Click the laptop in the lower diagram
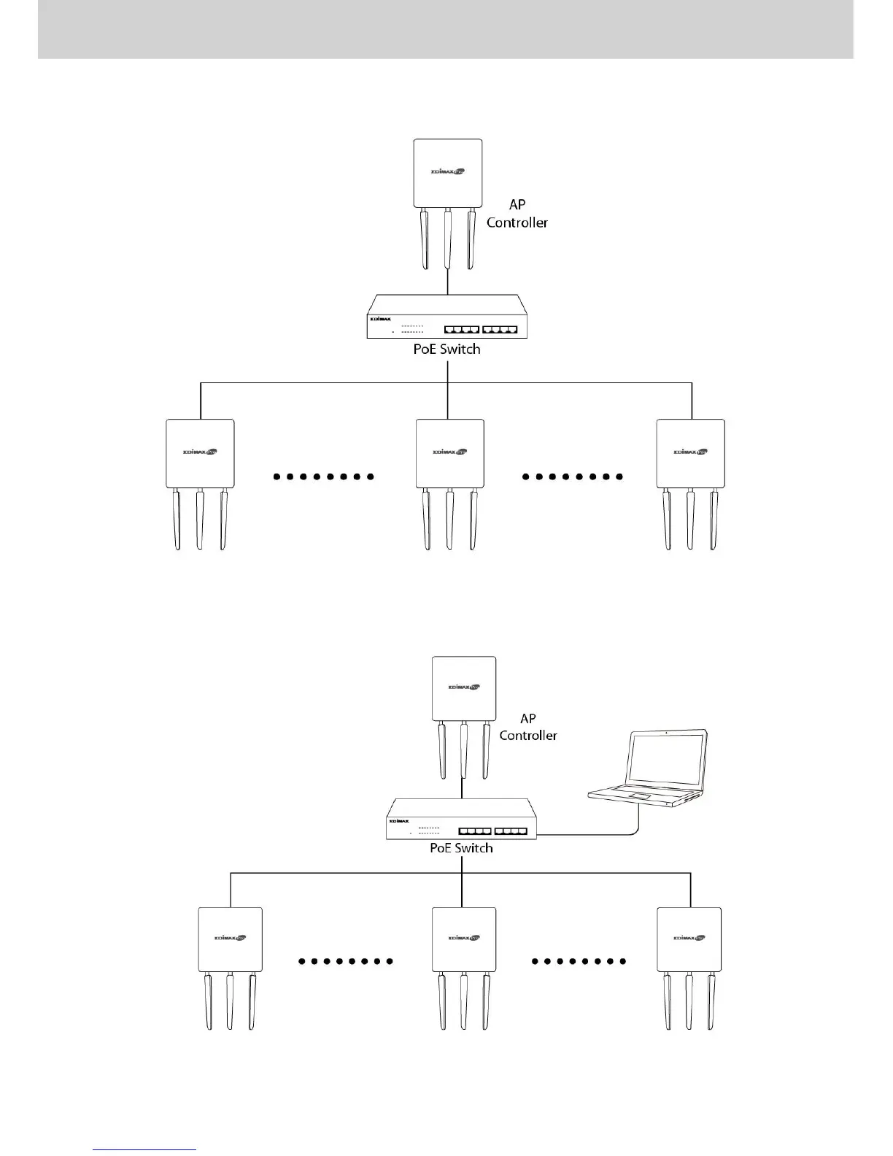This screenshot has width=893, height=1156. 648,769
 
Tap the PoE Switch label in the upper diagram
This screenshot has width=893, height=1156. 446,349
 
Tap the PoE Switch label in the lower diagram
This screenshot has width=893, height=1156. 461,848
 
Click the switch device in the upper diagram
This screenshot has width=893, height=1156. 446,317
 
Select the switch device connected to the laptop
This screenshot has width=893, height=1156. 461,820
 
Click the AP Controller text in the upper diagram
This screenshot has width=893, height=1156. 517,214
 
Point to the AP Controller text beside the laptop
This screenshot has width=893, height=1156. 528,728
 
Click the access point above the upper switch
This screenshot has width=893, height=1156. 448,174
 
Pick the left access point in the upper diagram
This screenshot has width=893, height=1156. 200,454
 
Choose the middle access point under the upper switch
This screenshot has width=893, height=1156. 449,454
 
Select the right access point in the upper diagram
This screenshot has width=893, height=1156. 690,454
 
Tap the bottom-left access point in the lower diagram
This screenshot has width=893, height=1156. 230,940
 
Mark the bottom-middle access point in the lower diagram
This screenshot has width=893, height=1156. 464,940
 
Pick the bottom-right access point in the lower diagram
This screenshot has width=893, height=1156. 689,940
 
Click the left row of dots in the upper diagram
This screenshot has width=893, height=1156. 323,477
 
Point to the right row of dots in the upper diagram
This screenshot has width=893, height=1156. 573,477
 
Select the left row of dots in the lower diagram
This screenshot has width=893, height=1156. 346,961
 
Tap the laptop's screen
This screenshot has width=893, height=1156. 667,758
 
